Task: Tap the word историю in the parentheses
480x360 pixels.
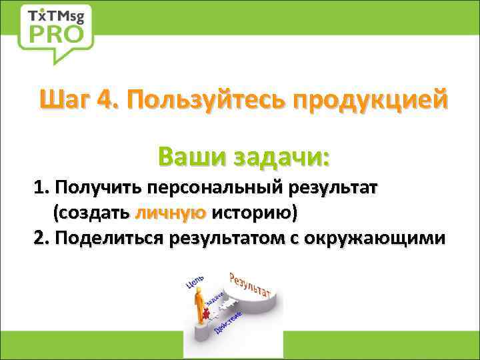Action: tap(255, 213)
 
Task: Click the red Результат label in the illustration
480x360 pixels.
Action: tap(249, 283)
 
